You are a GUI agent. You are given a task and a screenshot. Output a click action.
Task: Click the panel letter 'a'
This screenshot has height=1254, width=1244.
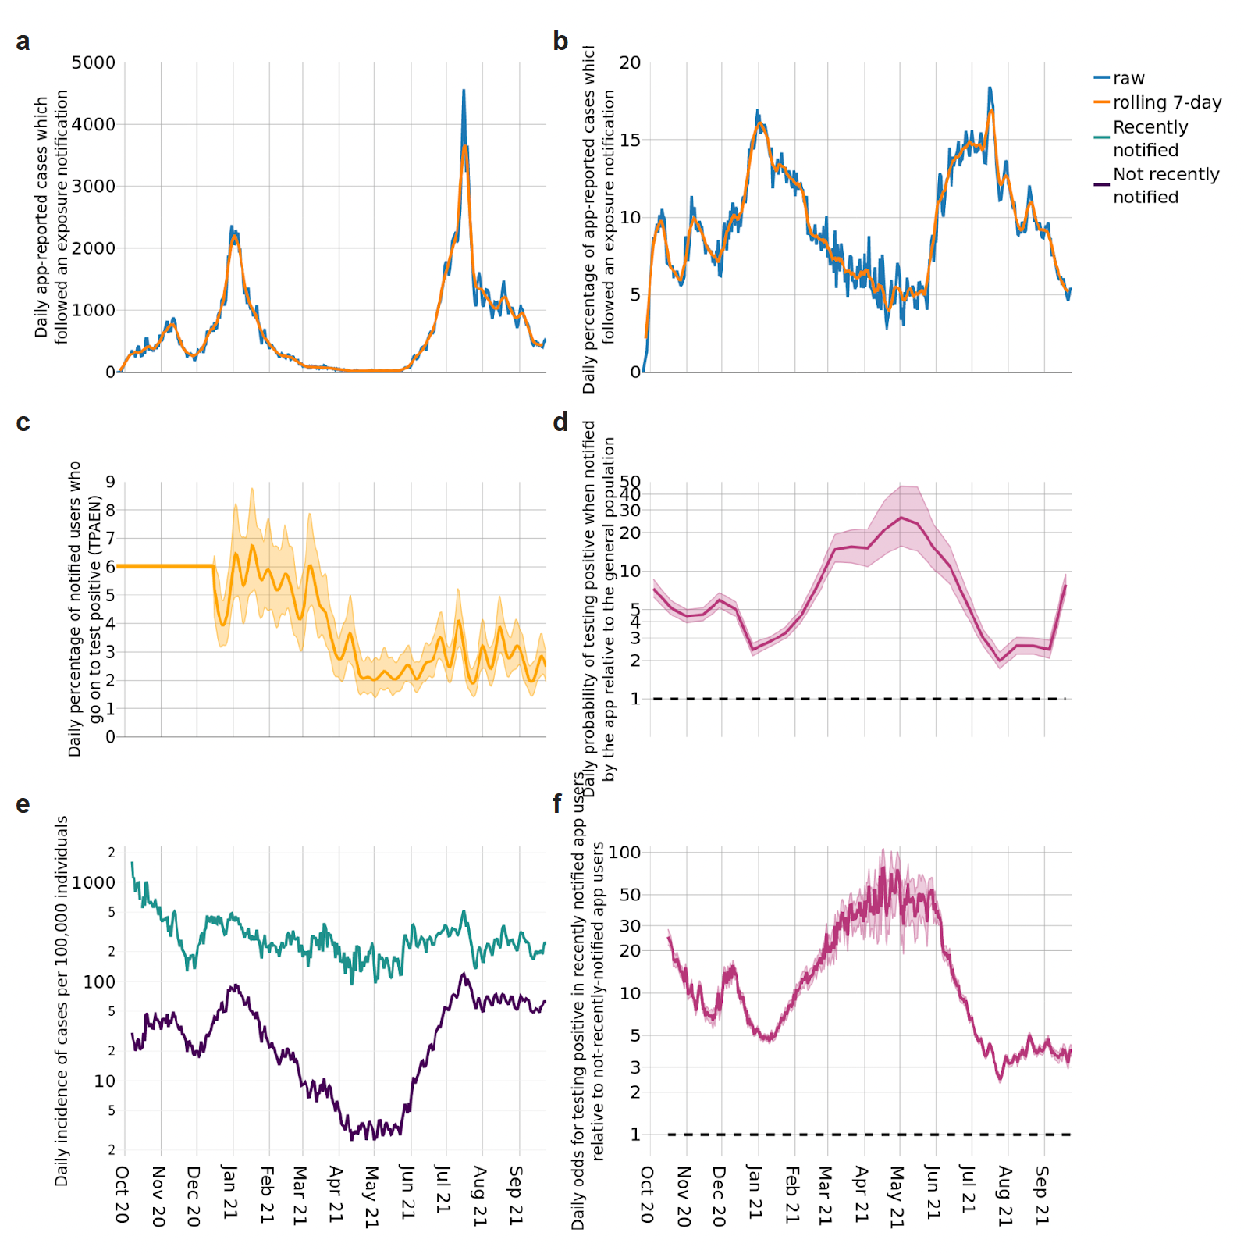coord(23,42)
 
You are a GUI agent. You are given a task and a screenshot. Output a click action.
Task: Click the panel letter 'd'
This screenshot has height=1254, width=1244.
coord(560,422)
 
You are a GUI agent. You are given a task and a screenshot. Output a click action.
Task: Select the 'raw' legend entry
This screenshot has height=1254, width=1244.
coord(1128,78)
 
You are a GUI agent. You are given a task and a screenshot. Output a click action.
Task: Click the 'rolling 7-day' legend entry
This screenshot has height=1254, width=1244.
coord(1166,102)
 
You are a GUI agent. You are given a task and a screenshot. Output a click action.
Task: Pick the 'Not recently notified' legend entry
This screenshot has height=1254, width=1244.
coord(1165,185)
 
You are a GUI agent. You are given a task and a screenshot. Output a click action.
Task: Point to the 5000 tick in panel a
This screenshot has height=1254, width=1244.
coord(94,62)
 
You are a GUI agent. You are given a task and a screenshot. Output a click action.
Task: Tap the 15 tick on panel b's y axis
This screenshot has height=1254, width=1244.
coord(630,140)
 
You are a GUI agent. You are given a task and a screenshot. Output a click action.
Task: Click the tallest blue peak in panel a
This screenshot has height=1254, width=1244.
coord(464,92)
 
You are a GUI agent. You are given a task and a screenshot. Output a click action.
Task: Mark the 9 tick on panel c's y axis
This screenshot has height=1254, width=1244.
coord(110,482)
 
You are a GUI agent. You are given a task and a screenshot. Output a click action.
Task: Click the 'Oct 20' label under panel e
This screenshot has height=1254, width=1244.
coord(122,1194)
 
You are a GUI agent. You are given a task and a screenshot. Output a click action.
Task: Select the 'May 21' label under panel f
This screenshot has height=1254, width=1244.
coord(897,1196)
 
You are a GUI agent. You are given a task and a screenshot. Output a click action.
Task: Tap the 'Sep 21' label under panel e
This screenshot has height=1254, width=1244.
coord(516,1194)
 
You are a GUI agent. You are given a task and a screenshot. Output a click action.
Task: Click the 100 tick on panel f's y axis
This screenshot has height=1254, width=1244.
coord(624,852)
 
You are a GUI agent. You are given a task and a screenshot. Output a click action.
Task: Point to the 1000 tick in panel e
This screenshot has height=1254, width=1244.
coord(94,882)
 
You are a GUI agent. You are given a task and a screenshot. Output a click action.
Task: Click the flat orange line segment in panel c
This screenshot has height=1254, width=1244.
coord(164,566)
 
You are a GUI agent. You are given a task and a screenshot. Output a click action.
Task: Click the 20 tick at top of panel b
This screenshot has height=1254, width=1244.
coord(630,62)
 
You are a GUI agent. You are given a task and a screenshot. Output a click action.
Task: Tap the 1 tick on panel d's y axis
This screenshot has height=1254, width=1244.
coord(635,699)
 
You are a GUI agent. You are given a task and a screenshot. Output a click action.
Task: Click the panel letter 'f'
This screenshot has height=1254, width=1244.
coord(557,803)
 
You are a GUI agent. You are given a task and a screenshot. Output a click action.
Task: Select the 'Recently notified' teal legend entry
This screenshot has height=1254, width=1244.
coord(1150,138)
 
